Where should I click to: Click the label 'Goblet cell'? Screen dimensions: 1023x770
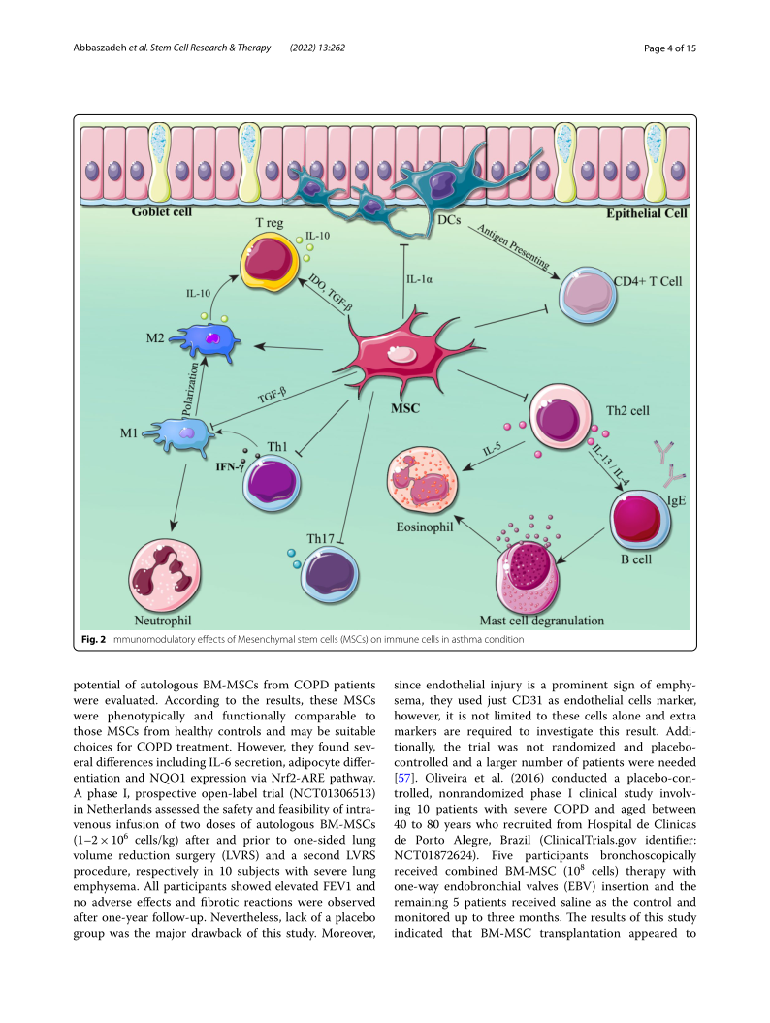click(163, 212)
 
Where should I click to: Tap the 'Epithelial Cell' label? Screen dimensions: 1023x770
click(646, 213)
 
